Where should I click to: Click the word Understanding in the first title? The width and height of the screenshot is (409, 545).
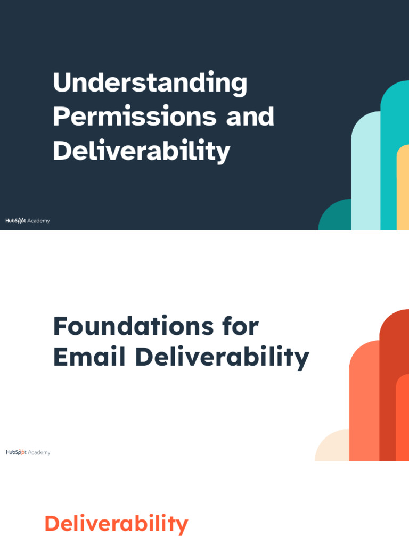point(150,84)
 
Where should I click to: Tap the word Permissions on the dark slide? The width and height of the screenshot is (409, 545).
point(134,117)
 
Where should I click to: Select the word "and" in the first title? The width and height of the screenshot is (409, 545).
point(250,117)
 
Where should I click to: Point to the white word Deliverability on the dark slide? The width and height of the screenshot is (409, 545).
point(141,151)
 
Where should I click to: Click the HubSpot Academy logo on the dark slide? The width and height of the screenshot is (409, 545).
point(28,221)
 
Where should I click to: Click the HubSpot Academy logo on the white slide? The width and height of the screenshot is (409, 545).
point(28,452)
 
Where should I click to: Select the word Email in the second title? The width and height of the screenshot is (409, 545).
point(89,357)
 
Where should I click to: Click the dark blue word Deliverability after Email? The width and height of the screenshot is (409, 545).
point(222,358)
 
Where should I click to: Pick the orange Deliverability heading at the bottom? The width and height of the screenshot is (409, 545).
point(116,524)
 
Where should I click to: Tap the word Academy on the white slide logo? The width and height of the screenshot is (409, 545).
point(39,452)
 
